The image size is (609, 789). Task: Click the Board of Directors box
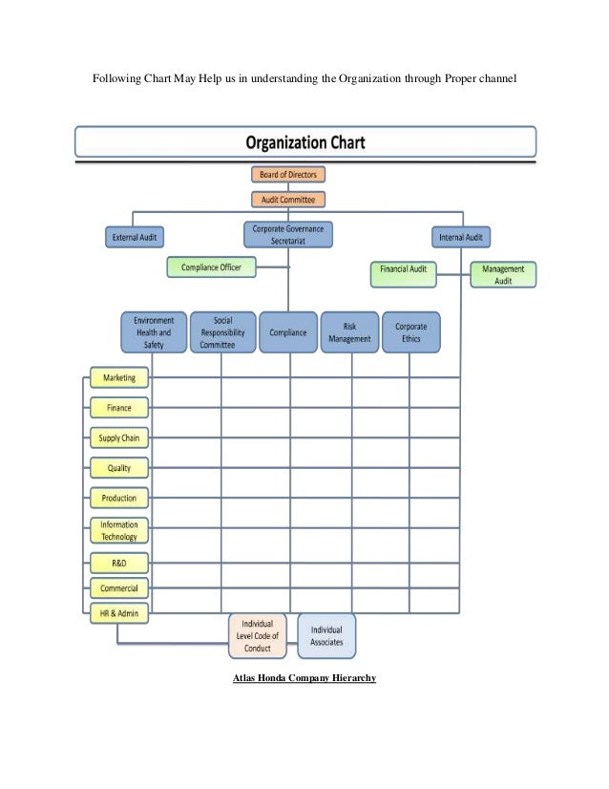click(x=289, y=174)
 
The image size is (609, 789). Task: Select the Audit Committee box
click(x=289, y=200)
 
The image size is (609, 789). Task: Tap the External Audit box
click(x=134, y=236)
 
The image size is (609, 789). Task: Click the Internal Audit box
click(x=460, y=236)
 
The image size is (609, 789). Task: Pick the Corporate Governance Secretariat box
click(x=288, y=234)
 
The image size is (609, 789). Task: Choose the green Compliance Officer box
click(x=211, y=267)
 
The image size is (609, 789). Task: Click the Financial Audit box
click(x=404, y=269)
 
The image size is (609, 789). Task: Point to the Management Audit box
click(x=503, y=275)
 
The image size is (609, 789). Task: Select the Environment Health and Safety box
click(x=153, y=332)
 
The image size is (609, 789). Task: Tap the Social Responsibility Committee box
click(x=222, y=332)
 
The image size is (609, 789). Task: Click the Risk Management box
click(x=348, y=332)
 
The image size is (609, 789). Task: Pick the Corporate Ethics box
click(x=410, y=332)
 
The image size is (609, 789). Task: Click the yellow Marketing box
click(x=119, y=377)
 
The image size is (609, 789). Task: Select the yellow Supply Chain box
click(x=119, y=438)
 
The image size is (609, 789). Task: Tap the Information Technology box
click(x=119, y=530)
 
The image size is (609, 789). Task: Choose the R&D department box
click(x=119, y=565)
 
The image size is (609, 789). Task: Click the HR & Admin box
click(x=119, y=613)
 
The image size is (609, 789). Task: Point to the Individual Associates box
click(x=326, y=636)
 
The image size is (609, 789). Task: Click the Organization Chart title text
click(x=304, y=144)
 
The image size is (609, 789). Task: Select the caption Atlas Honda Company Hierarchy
click(x=304, y=678)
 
